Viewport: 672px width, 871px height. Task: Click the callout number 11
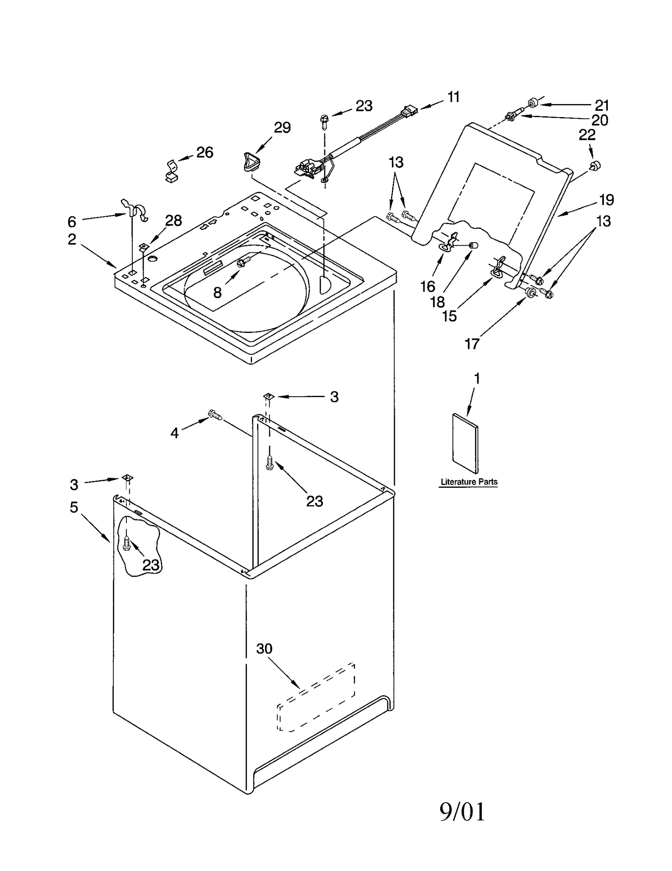coord(453,97)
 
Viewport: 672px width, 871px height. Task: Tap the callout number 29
coord(282,127)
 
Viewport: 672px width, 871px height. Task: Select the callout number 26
coord(205,152)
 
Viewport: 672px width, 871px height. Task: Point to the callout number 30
coord(264,649)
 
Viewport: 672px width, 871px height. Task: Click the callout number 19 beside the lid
coord(606,200)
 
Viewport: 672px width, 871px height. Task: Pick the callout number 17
coord(472,344)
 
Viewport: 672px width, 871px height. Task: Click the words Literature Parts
coord(469,482)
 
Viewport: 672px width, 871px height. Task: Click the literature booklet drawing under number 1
coord(465,443)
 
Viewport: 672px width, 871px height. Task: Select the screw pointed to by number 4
coord(215,415)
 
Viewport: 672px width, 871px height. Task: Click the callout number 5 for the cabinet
coord(74,507)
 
